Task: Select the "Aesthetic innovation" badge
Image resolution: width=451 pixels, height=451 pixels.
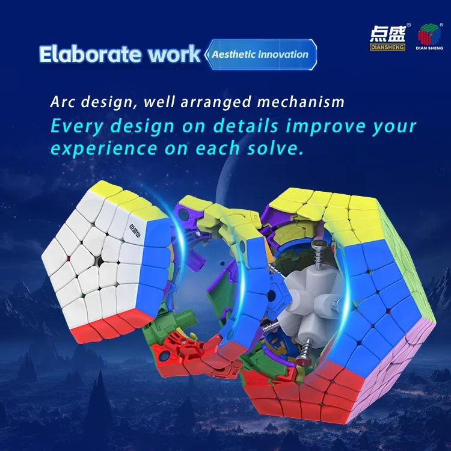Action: point(260,54)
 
